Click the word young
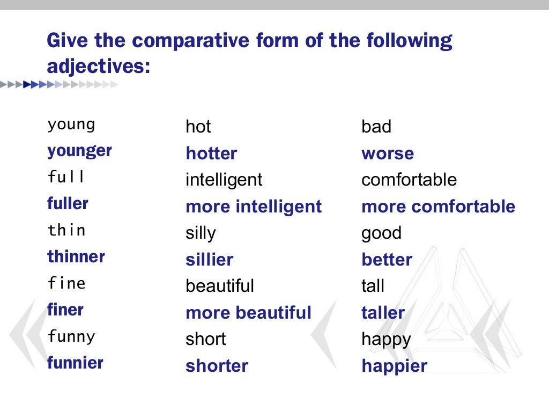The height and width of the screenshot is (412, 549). coord(71,126)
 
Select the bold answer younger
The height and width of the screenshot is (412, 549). coord(79,151)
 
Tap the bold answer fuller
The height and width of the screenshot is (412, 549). coord(68,204)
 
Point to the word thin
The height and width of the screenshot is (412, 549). coord(66,231)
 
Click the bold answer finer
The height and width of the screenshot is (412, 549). coord(65,310)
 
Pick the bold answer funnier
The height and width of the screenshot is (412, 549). coord(75,363)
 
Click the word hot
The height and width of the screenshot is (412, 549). coord(198,127)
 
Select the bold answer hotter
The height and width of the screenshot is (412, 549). coord(211,154)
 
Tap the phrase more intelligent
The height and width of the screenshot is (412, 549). coord(254,207)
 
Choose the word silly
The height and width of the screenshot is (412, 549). coord(201,233)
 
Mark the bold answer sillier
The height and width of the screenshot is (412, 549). coord(210,260)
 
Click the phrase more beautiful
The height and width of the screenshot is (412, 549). coord(248,312)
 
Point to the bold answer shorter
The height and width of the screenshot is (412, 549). coord(217,366)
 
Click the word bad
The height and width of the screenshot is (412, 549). coord(376,127)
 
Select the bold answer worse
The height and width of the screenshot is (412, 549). coord(388,154)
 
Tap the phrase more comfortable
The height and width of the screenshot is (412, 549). coord(438,207)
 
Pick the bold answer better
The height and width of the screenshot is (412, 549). coord(387,260)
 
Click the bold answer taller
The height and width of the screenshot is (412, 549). coord(383,312)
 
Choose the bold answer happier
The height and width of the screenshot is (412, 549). coord(394,366)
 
